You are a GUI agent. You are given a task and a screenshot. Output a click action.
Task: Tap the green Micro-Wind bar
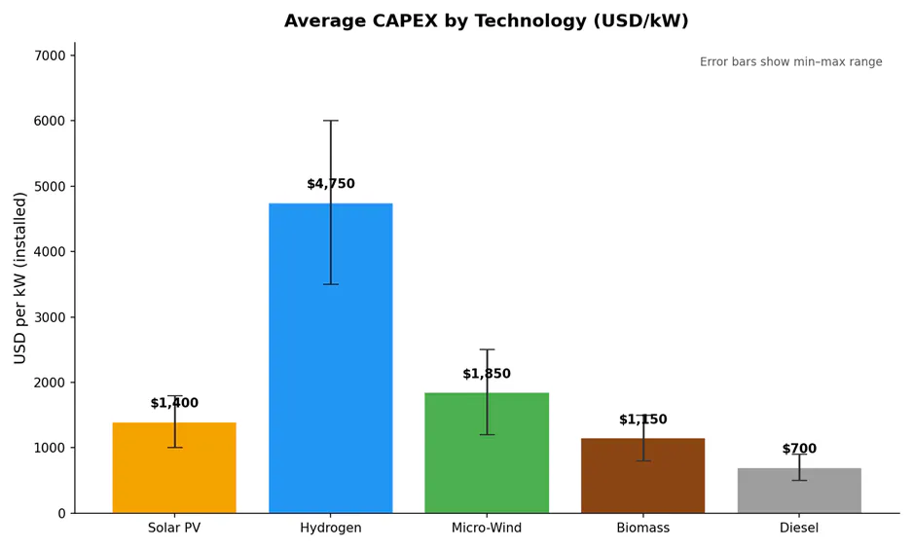point(486,453)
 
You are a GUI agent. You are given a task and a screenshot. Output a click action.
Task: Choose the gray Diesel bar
point(798,491)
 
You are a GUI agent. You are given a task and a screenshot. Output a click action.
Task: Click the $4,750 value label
point(330,184)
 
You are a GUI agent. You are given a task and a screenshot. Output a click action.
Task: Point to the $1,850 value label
point(486,374)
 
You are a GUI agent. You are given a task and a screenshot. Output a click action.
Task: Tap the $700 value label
point(798,449)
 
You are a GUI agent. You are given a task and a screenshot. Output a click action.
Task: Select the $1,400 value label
point(174,403)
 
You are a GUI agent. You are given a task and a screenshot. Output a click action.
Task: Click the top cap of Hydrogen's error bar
point(330,121)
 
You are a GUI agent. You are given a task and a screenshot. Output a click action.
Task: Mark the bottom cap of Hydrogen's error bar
point(330,284)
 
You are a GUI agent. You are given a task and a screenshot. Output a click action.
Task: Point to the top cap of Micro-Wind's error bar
point(486,349)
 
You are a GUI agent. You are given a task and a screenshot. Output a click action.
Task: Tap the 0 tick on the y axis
point(60,513)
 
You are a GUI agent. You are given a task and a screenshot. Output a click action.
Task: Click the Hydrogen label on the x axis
point(330,529)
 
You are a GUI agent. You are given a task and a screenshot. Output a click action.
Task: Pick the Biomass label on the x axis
point(642,529)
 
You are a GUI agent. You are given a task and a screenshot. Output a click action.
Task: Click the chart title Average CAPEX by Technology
point(486,21)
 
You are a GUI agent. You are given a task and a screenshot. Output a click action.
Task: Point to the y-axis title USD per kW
point(20,277)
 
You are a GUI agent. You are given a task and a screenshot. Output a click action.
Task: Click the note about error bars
point(790,62)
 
